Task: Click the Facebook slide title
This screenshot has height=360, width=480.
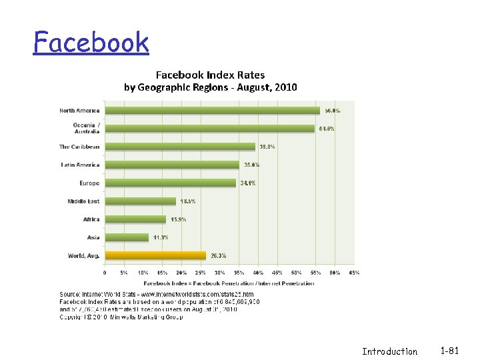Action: pos(91,43)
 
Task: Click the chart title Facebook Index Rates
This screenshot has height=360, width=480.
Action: pos(210,75)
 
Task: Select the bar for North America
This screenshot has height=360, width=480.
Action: pos(212,110)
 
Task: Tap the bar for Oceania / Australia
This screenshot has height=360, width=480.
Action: pos(209,128)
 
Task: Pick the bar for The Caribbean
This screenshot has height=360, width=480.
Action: pos(180,147)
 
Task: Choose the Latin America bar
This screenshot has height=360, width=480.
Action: pos(172,165)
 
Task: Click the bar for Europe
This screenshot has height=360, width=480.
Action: pos(171,183)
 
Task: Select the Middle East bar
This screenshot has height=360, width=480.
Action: pos(140,201)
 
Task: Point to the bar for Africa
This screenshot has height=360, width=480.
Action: pos(135,219)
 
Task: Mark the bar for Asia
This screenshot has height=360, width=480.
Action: pos(127,237)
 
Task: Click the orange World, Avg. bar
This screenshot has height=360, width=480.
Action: pos(155,255)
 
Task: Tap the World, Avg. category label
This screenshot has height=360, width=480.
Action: pos(83,255)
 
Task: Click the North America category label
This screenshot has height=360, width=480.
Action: pos(79,110)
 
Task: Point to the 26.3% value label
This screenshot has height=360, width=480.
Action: pos(217,255)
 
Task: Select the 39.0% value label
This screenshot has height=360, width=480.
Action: pos(267,147)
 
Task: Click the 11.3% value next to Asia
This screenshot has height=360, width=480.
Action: pos(160,237)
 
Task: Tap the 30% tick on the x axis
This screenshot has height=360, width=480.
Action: pos(220,272)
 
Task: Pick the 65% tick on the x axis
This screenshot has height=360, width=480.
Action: pos(354,272)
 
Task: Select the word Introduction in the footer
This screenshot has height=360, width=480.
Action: pos(389,351)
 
